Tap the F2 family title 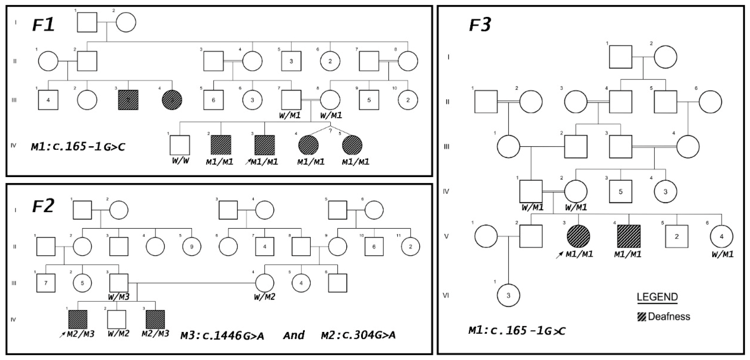tap(43, 206)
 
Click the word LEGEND tap(657, 297)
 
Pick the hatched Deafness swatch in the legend tap(642, 317)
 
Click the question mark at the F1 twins tap(330, 131)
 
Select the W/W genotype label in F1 tap(181, 160)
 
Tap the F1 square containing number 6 tap(214, 100)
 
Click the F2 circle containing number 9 tap(192, 247)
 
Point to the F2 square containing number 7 tap(46, 283)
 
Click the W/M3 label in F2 tap(118, 297)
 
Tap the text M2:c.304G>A tap(358, 335)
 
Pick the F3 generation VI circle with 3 tap(508, 295)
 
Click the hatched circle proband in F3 tap(578, 236)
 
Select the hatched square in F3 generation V tap(629, 236)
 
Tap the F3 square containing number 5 tap(621, 192)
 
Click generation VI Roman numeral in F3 tap(446, 295)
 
